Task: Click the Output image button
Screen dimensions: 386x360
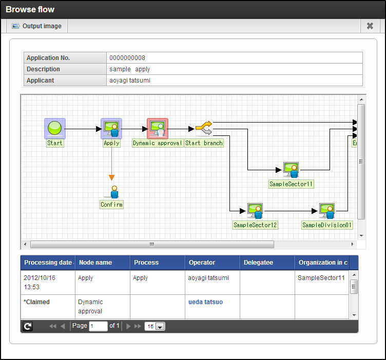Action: point(37,26)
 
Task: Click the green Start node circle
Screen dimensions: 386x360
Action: point(54,128)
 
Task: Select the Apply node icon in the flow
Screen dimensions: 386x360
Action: point(111,129)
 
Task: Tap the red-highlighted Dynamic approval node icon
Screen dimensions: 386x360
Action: point(158,129)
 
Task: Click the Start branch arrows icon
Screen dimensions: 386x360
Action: point(204,128)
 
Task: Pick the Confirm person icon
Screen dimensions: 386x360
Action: point(114,192)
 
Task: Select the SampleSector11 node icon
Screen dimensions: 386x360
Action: point(291,170)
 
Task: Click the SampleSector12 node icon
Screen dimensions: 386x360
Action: point(255,211)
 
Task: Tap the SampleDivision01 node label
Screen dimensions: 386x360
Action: point(327,225)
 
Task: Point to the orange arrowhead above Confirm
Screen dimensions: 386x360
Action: point(111,177)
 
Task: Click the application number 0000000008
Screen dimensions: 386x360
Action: point(127,58)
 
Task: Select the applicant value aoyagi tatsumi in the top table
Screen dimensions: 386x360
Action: point(130,81)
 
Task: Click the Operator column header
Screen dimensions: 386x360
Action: point(202,263)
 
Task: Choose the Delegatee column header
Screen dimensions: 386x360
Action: point(259,263)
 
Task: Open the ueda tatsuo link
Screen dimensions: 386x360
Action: point(205,302)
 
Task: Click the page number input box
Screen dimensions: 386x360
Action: point(98,326)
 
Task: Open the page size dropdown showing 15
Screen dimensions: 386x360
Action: point(155,326)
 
